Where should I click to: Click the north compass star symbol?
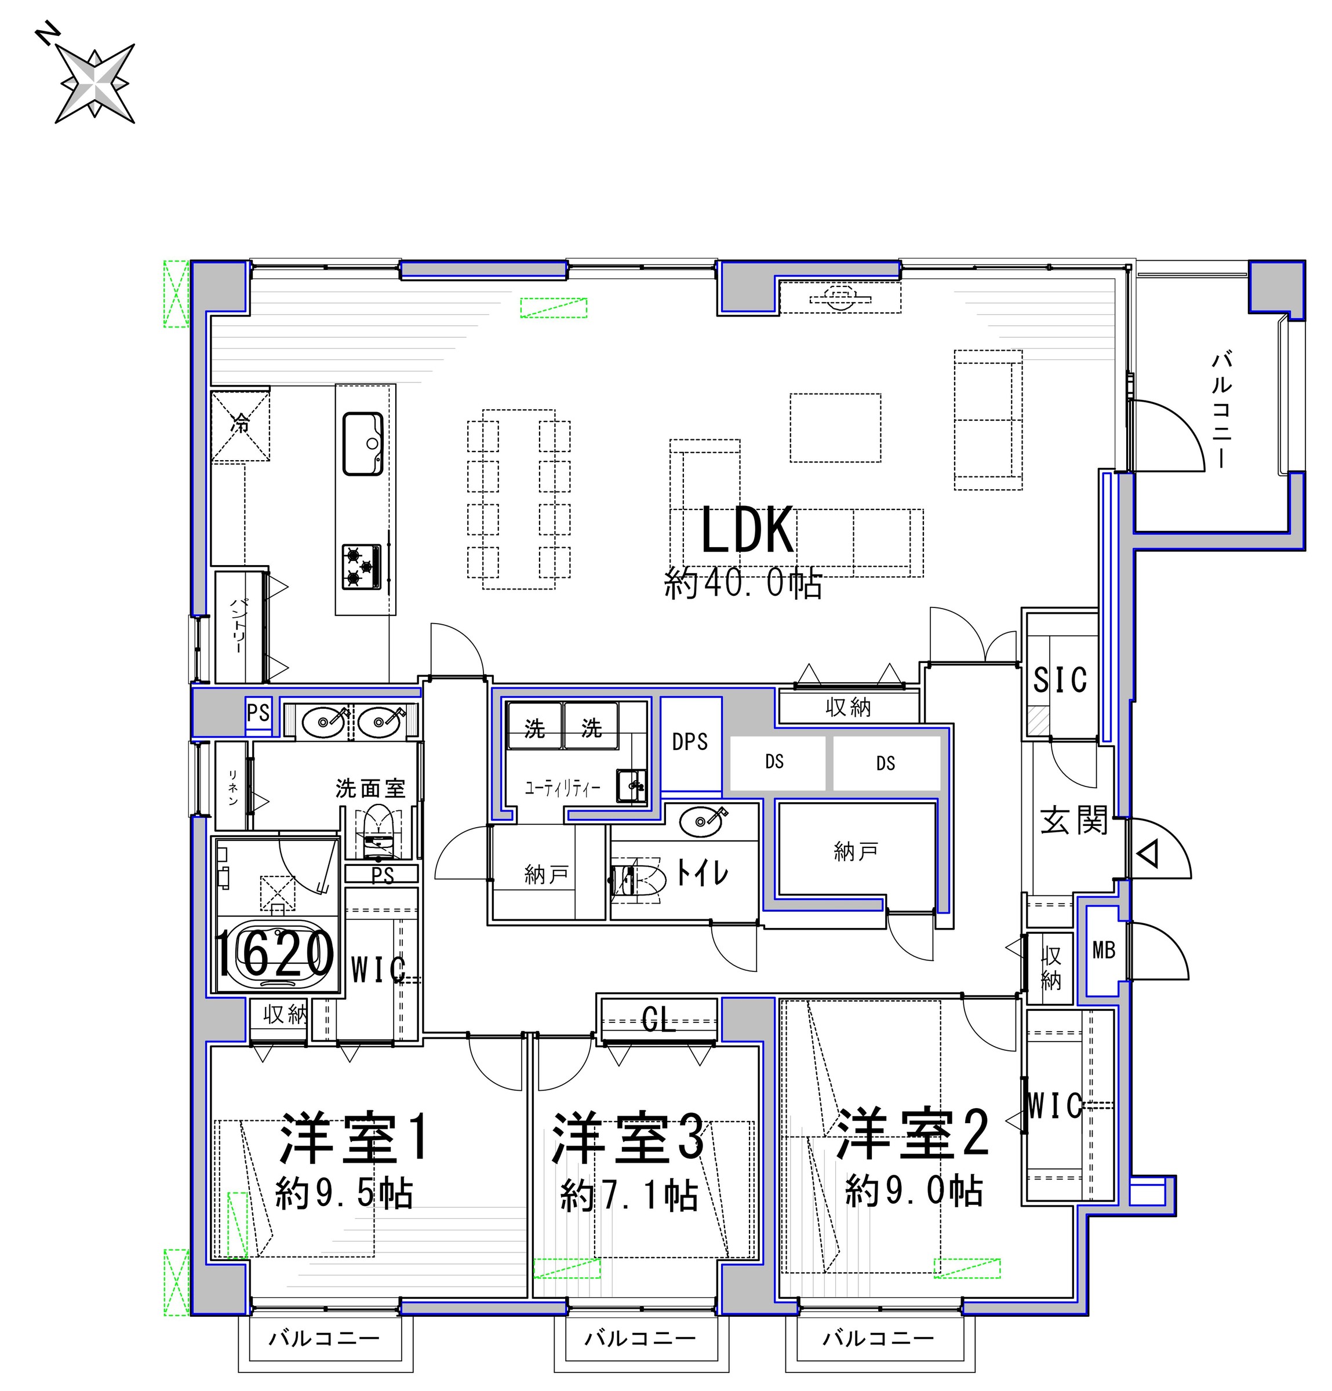(x=94, y=83)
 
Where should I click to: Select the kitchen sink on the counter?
(x=363, y=443)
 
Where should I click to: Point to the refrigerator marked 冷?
(x=241, y=424)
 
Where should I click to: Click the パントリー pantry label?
(x=238, y=627)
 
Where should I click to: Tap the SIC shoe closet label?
(x=1059, y=680)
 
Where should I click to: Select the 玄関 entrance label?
(x=1073, y=821)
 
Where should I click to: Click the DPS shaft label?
(x=690, y=742)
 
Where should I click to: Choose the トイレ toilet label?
(x=702, y=872)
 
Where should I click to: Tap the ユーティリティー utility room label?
(x=562, y=788)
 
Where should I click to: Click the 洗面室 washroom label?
(x=370, y=788)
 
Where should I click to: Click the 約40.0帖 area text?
(x=743, y=584)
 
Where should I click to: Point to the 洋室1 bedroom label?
(x=354, y=1137)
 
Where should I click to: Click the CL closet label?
(x=658, y=1021)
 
